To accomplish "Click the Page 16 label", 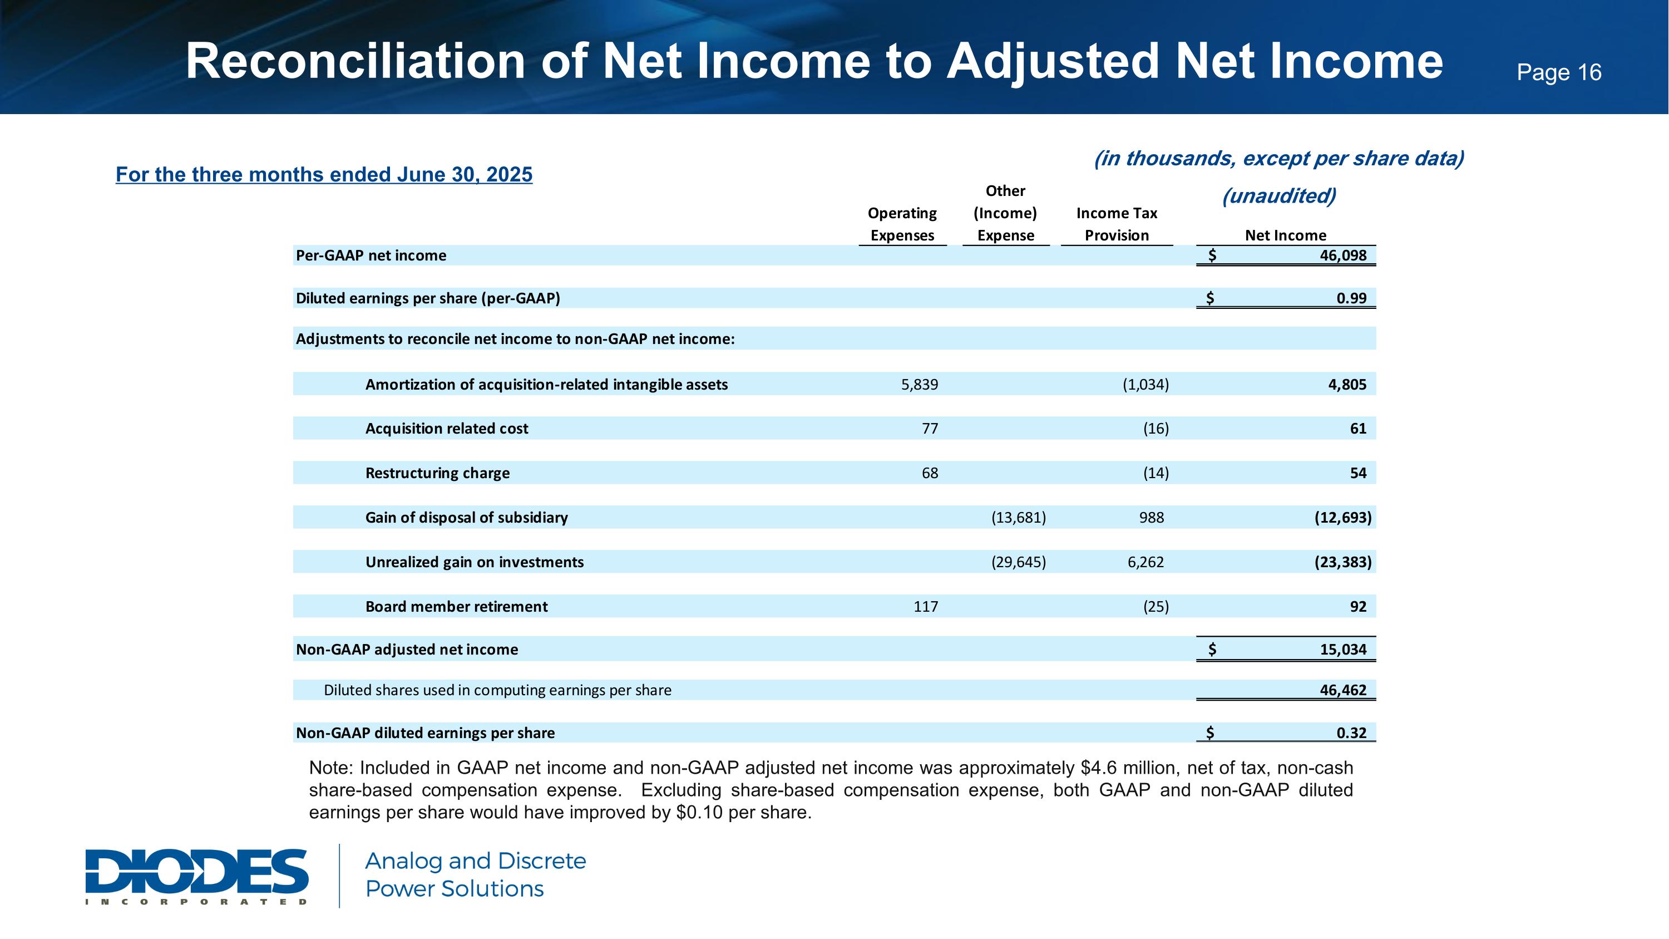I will (x=1558, y=72).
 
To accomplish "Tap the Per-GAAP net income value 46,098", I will (x=1342, y=255).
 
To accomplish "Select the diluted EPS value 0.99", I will (x=1351, y=298).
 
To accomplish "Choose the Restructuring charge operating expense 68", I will (x=929, y=473).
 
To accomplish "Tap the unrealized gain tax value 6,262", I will (x=1145, y=562).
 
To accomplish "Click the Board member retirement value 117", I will (x=925, y=607).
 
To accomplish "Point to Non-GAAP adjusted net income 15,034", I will (x=1342, y=650).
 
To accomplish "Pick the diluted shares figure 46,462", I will (x=1342, y=690).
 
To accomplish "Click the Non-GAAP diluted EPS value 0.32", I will (x=1351, y=733).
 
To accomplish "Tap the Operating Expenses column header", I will (x=902, y=224).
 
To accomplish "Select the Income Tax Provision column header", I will (x=1117, y=224).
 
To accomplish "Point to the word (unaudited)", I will (x=1278, y=196).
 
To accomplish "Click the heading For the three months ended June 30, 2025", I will (x=324, y=174).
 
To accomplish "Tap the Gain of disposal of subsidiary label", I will (x=467, y=517).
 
